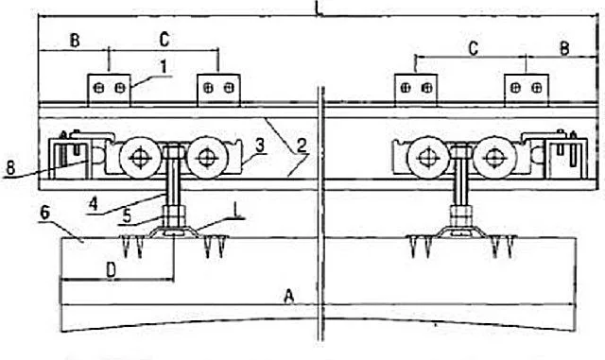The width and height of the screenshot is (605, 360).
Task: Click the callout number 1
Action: click(164, 66)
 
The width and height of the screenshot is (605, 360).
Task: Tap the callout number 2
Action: click(302, 146)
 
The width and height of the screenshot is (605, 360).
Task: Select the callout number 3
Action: click(260, 146)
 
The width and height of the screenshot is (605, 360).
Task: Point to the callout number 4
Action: click(93, 204)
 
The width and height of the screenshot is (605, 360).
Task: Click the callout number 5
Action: click(127, 216)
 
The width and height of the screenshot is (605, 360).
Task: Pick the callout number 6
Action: click(45, 213)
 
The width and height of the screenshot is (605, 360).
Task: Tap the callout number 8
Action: click(11, 168)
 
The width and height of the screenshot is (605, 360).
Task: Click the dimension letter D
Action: click(112, 270)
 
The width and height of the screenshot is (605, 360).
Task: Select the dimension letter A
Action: click(289, 297)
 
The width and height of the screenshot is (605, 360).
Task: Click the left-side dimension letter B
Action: click(75, 40)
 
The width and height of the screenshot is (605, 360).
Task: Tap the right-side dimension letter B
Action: click(564, 48)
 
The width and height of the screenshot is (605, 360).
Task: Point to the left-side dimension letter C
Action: click(164, 40)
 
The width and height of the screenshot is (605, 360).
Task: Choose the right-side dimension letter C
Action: click(474, 48)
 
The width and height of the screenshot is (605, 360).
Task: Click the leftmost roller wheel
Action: click(140, 158)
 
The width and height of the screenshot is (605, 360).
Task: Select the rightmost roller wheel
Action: click(495, 158)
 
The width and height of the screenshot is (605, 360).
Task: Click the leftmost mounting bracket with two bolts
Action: click(110, 90)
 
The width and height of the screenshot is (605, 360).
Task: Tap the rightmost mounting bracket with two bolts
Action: click(527, 90)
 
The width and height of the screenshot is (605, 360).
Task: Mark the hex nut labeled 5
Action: click(174, 216)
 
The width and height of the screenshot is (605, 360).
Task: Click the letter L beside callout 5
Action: click(236, 211)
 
